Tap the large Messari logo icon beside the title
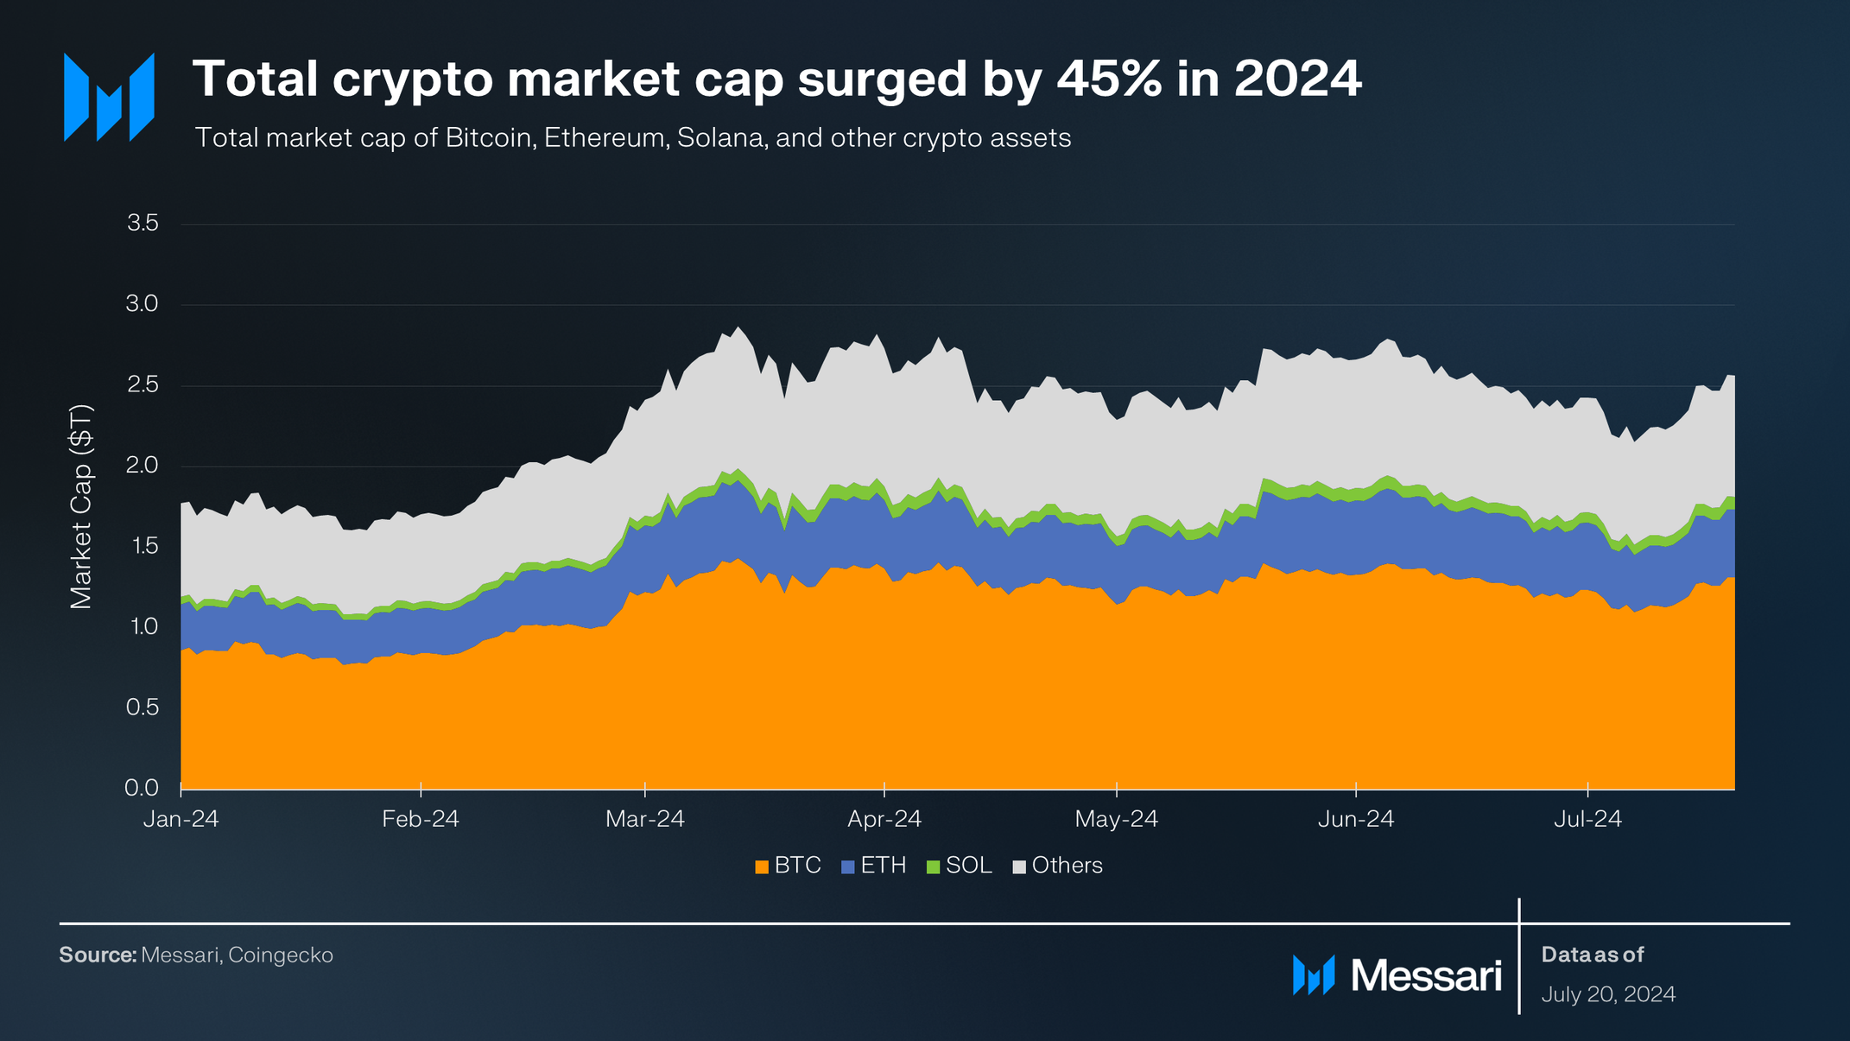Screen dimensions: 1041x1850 (x=109, y=97)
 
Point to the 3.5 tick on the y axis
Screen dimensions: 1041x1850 (x=143, y=223)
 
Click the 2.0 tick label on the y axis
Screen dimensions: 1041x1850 (x=143, y=465)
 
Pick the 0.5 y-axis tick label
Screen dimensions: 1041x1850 (x=143, y=707)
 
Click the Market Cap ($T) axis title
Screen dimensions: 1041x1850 (x=81, y=506)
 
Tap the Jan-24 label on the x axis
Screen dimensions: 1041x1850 (x=181, y=819)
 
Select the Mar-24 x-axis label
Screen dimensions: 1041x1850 (x=645, y=819)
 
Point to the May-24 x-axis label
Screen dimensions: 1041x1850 (x=1116, y=819)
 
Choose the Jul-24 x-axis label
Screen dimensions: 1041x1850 (x=1587, y=819)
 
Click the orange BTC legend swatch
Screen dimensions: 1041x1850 (x=762, y=866)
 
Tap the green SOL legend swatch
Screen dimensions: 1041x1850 (x=933, y=866)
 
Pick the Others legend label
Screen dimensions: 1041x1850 (x=1067, y=866)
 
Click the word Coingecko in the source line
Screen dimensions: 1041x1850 (x=281, y=955)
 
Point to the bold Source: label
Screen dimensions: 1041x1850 (x=98, y=955)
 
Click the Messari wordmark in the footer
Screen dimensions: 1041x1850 (x=1425, y=975)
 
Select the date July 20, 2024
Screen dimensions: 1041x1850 (x=1608, y=994)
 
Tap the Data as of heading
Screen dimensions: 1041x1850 (x=1592, y=955)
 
